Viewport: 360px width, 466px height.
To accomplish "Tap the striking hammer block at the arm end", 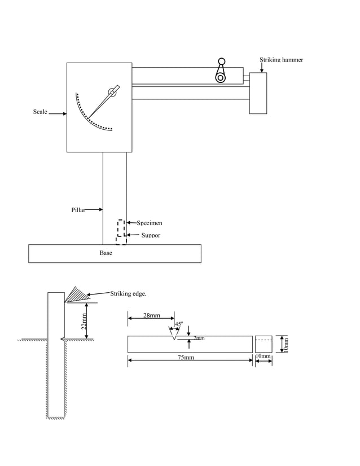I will coord(258,93).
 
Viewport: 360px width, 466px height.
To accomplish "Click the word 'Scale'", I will coord(40,112).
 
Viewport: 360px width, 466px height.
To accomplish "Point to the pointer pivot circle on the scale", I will coord(113,93).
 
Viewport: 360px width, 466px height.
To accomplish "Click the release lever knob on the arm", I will coord(221,62).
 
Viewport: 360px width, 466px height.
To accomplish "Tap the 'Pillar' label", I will coord(78,210).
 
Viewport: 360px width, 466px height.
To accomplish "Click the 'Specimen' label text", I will coord(150,223).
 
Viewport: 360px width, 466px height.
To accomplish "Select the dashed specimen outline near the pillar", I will coord(120,228).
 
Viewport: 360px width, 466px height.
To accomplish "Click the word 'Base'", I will coord(106,253).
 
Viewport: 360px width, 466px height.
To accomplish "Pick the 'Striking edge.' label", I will coord(128,293).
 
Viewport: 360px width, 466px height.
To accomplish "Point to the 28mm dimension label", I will coord(151,316).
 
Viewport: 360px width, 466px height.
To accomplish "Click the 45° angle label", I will coord(178,324).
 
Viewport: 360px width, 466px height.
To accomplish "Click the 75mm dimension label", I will coord(185,358).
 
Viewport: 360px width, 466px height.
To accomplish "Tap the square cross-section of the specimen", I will coord(264,344).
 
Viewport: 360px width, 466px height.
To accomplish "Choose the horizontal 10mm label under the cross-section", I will coord(263,357).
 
